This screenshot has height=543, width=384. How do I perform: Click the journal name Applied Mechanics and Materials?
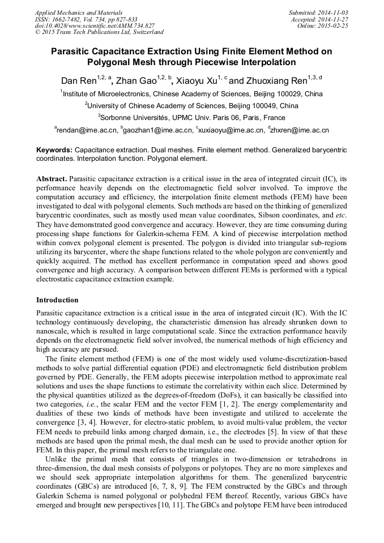coord(79,12)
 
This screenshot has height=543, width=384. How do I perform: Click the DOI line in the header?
coord(95,25)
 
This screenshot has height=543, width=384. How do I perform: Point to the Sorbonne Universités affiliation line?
coord(191,118)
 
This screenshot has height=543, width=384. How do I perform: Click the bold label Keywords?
coord(54,150)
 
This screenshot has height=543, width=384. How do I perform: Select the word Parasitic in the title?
coord(72,51)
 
